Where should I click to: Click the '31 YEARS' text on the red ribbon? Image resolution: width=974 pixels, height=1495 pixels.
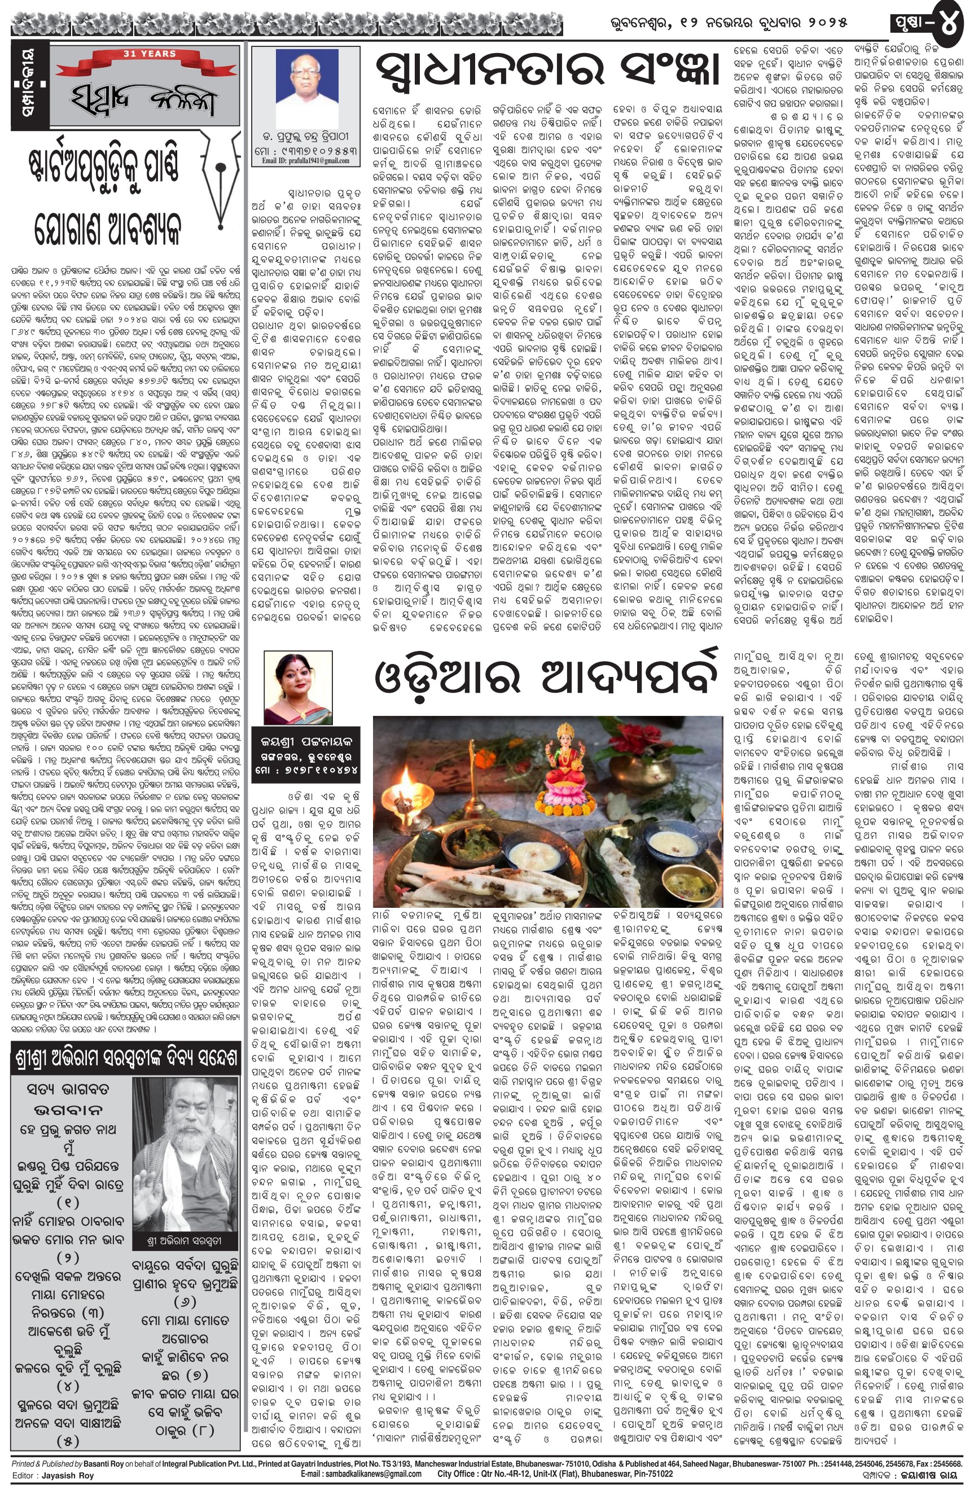150,54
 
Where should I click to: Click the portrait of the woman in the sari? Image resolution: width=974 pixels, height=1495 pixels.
290,687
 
